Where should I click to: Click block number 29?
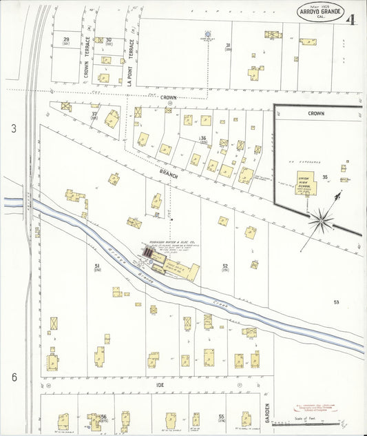(67, 41)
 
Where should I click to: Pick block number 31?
(227, 46)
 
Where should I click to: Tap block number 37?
(94, 115)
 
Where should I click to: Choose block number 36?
(203, 139)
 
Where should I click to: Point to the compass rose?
(321, 221)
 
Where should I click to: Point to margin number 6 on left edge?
(13, 377)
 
